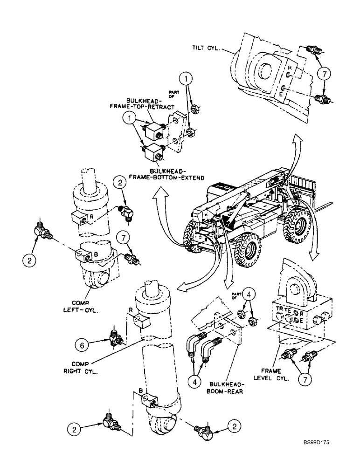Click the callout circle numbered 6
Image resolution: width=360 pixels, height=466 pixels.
click(x=83, y=345)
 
